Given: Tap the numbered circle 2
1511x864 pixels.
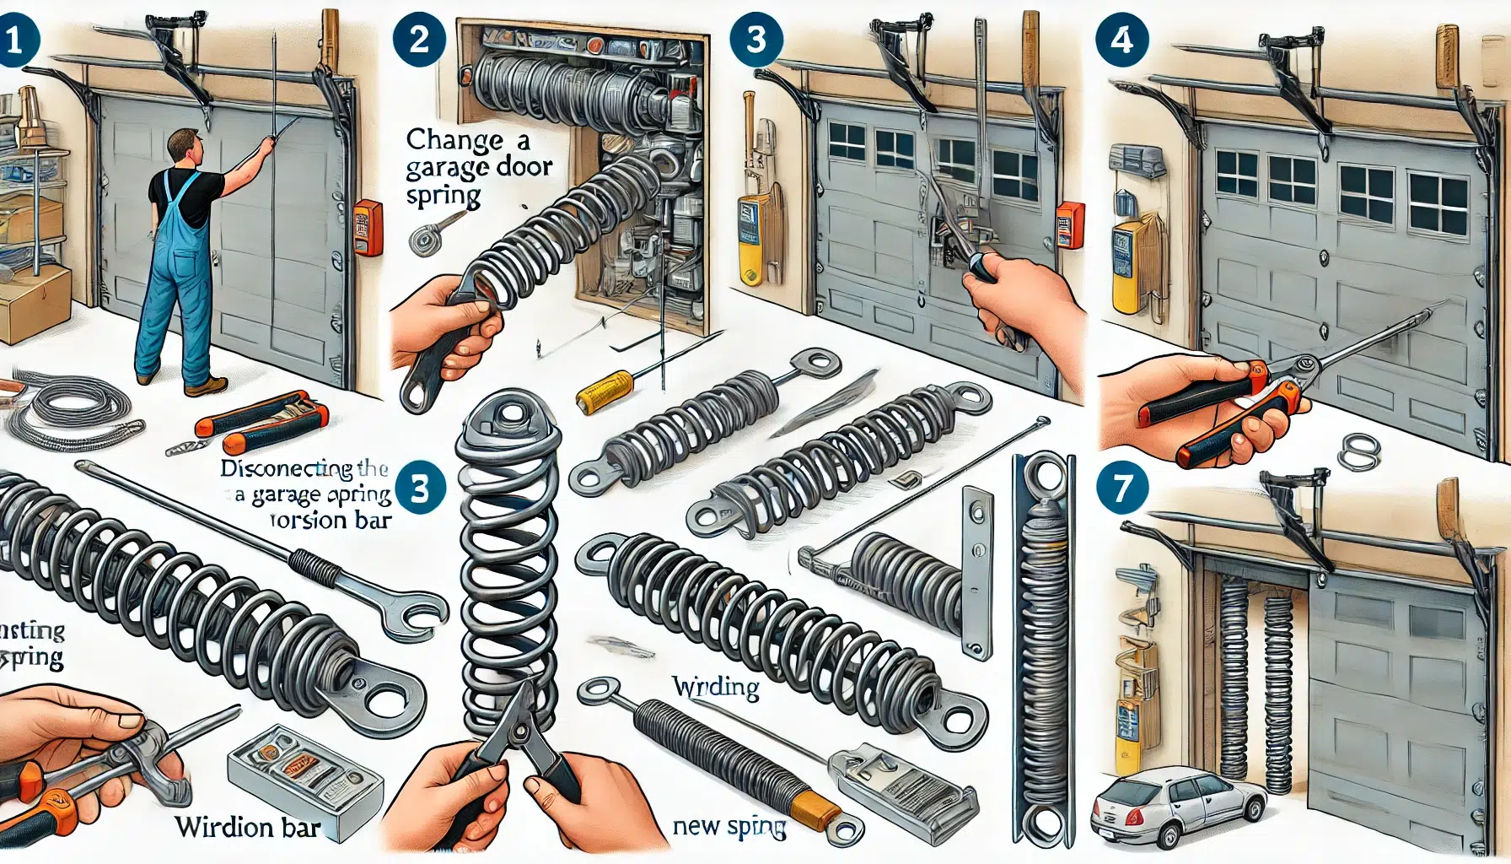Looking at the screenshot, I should [x=418, y=40].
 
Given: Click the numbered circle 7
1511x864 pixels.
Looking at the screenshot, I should [x=1121, y=489].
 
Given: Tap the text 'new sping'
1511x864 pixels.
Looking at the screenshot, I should [x=729, y=827].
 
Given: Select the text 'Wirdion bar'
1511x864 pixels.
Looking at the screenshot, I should [x=247, y=826].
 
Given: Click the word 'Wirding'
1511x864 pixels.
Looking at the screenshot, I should [x=715, y=688].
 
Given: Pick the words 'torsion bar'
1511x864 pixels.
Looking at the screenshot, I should [x=331, y=521].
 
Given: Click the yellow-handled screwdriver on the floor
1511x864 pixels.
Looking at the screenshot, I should [x=605, y=390].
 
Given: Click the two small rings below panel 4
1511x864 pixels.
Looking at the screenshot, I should [x=1357, y=451].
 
